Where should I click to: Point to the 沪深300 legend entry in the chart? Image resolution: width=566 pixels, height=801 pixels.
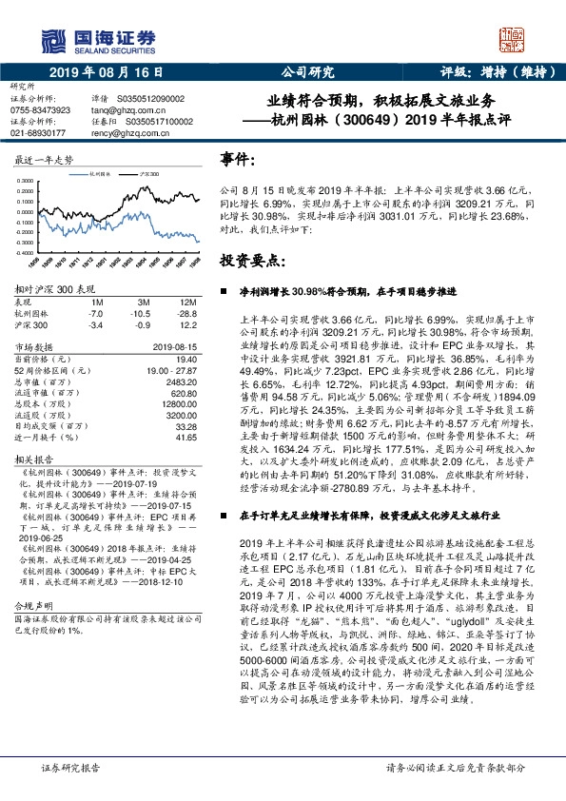150,175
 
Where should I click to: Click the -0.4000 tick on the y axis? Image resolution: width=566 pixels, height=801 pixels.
29,253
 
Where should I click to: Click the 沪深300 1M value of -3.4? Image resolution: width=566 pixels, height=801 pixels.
95,324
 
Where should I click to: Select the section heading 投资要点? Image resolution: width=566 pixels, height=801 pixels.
250,259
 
